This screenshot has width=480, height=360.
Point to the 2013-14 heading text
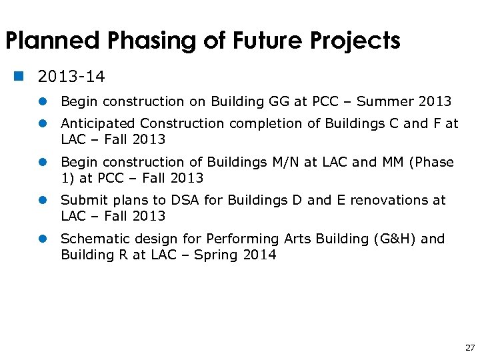pyautogui.click(x=71, y=77)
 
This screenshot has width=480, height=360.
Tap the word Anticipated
pyautogui.click(x=98, y=123)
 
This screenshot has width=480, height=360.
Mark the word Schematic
pyautogui.click(x=90, y=239)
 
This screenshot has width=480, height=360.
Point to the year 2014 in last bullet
pyautogui.click(x=259, y=255)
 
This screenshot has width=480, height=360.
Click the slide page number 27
pyautogui.click(x=470, y=347)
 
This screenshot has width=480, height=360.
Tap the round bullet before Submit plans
pyautogui.click(x=42, y=201)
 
